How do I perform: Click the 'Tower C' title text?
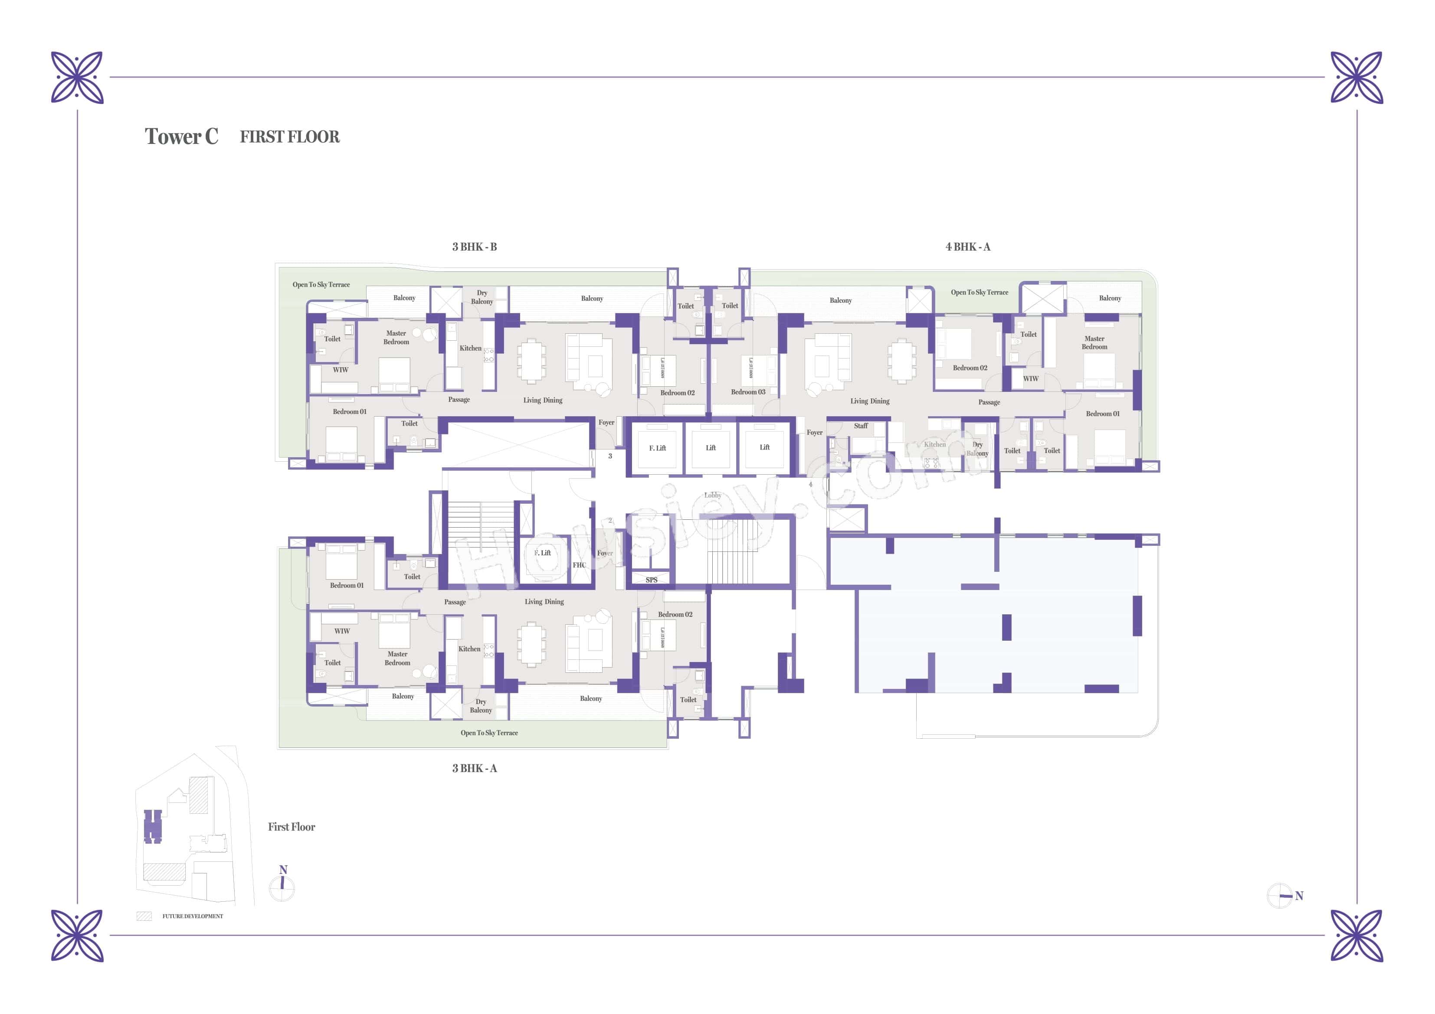point(181,136)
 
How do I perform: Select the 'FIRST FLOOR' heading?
point(289,137)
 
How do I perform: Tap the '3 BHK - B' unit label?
point(475,247)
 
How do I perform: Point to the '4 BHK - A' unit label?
point(967,247)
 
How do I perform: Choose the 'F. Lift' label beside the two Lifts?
point(657,448)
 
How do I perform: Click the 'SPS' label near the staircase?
point(651,580)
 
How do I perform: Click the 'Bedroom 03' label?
point(748,392)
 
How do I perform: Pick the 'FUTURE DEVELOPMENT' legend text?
point(193,916)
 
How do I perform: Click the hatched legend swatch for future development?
point(144,916)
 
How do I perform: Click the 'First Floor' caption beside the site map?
point(291,827)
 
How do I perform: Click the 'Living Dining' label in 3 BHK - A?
point(544,602)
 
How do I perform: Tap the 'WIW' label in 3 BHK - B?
point(340,370)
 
